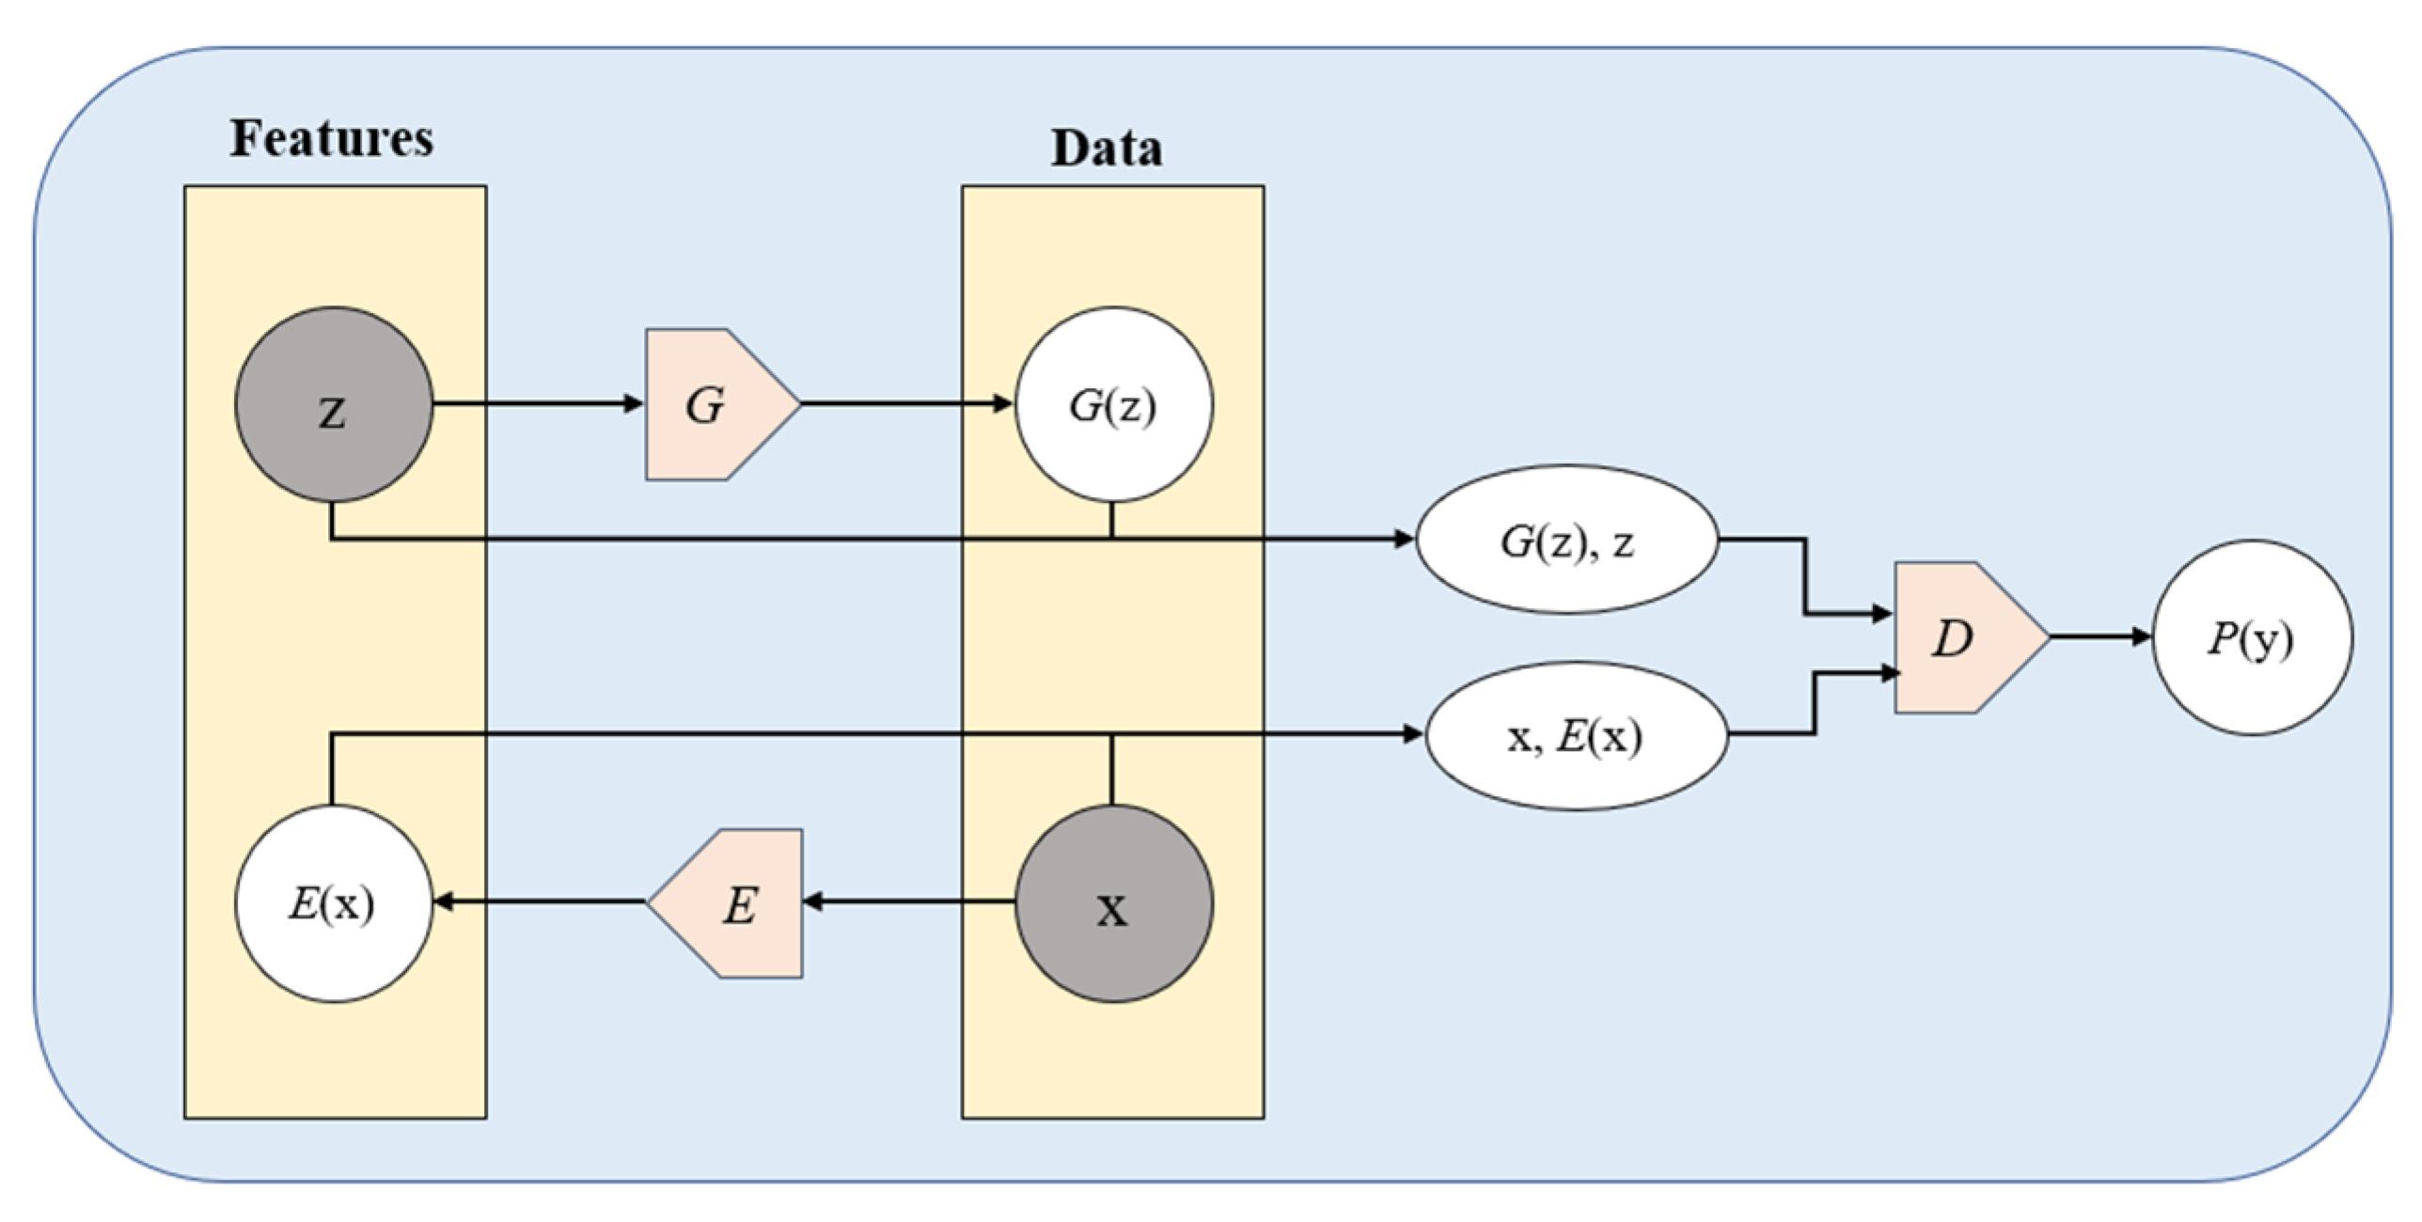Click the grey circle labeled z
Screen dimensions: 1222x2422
coord(334,405)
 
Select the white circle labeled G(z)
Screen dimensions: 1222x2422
coord(1113,405)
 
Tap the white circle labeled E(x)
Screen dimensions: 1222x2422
coord(334,903)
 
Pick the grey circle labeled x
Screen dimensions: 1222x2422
coord(1113,903)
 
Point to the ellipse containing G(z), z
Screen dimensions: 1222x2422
coord(1567,540)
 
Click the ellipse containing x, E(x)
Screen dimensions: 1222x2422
coord(1577,735)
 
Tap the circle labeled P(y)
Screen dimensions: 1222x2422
coord(2253,638)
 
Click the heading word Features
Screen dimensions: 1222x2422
coord(332,138)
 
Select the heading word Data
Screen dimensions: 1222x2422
coord(1107,149)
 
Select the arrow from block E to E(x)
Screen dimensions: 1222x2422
coord(540,902)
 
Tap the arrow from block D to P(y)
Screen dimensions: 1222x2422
coord(2100,637)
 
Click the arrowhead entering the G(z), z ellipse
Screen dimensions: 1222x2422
coord(1405,540)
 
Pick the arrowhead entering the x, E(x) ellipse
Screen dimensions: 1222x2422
coord(1413,734)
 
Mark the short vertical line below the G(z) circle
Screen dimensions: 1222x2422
coord(1111,521)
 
